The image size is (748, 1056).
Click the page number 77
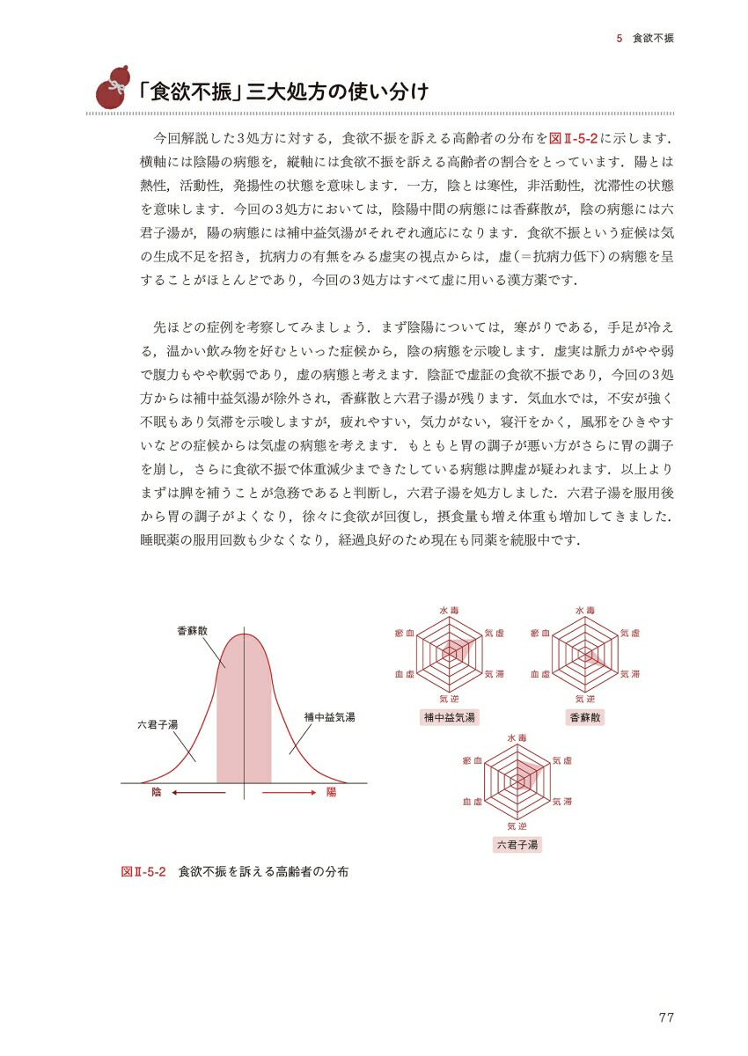point(665,1018)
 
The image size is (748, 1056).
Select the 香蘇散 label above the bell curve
point(192,630)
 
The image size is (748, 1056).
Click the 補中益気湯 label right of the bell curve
point(329,718)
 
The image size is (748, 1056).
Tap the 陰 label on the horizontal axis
point(157,793)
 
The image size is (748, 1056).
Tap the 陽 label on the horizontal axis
point(331,793)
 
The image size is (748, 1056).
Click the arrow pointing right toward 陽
point(289,793)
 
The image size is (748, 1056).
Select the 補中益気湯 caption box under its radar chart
point(450,717)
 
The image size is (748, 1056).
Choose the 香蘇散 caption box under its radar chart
point(586,717)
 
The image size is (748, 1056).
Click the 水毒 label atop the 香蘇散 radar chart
point(586,610)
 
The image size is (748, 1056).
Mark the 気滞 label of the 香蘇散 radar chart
point(631,674)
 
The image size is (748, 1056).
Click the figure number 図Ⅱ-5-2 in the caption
point(143,872)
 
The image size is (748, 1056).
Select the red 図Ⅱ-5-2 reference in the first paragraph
point(575,140)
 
